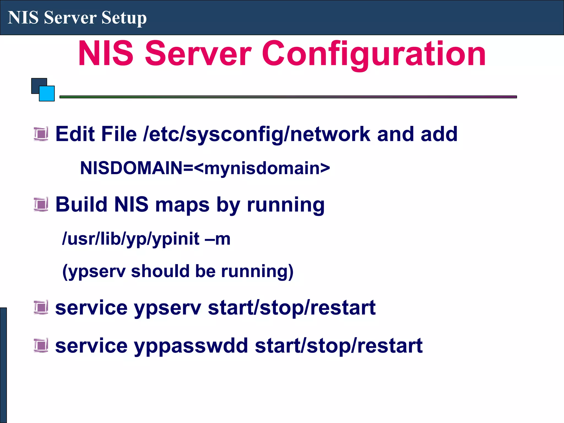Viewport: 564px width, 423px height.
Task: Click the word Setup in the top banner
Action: coord(124,18)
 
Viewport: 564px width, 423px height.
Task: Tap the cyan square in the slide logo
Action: coord(47,94)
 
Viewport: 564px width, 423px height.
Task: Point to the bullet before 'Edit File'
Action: coord(41,134)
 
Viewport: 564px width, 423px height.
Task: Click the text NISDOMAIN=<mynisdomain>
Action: coord(205,168)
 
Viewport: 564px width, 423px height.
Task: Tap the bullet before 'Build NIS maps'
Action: coord(41,204)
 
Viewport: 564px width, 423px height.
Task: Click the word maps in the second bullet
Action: coord(182,205)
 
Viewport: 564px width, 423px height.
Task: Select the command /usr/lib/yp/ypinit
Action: coord(131,238)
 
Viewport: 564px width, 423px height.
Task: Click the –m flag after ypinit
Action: coord(218,238)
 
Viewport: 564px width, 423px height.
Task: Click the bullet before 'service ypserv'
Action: coord(41,307)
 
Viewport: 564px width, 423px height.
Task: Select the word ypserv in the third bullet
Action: coord(168,308)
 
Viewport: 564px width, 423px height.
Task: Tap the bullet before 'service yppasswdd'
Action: coord(41,345)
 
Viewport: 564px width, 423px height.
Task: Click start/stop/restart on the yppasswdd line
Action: coord(338,346)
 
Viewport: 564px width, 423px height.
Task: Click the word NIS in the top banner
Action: coord(23,18)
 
